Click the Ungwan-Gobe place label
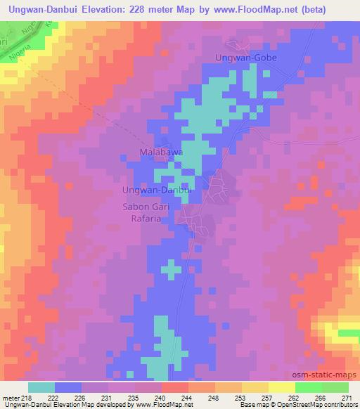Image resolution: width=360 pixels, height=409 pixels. [246, 58]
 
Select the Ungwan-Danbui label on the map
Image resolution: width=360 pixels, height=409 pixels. [157, 190]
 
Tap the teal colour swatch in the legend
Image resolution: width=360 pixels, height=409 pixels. [41, 387]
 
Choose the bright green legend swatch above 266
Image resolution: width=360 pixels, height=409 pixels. [309, 387]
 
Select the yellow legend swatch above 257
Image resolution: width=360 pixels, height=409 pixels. [255, 387]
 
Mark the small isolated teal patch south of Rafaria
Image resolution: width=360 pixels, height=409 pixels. [170, 268]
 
